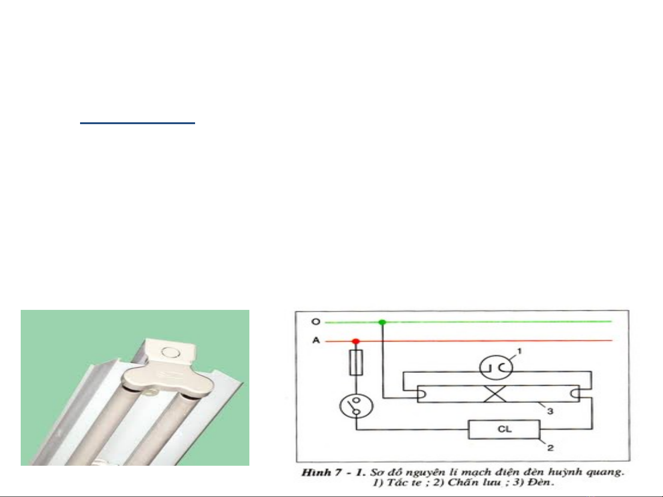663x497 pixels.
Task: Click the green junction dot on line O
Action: pyautogui.click(x=382, y=322)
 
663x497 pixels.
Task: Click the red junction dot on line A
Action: pyautogui.click(x=356, y=341)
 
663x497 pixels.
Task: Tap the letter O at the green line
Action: pyautogui.click(x=316, y=322)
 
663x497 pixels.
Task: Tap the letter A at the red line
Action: pyautogui.click(x=316, y=340)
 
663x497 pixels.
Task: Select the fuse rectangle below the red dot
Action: pyautogui.click(x=356, y=362)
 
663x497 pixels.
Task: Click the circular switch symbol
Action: pyautogui.click(x=357, y=406)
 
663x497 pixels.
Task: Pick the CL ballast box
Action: pyautogui.click(x=504, y=429)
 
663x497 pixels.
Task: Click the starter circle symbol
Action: pyautogui.click(x=496, y=367)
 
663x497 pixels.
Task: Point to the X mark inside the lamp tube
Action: pyautogui.click(x=495, y=394)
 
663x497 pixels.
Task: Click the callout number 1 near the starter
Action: pyautogui.click(x=519, y=351)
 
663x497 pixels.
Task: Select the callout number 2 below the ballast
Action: pyautogui.click(x=550, y=448)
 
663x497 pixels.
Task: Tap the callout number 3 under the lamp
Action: pyautogui.click(x=550, y=411)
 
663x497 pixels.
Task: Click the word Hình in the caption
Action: pyautogui.click(x=316, y=472)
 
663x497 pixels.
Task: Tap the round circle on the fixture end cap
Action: pyautogui.click(x=171, y=352)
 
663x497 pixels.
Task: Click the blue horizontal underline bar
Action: pyautogui.click(x=138, y=123)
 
